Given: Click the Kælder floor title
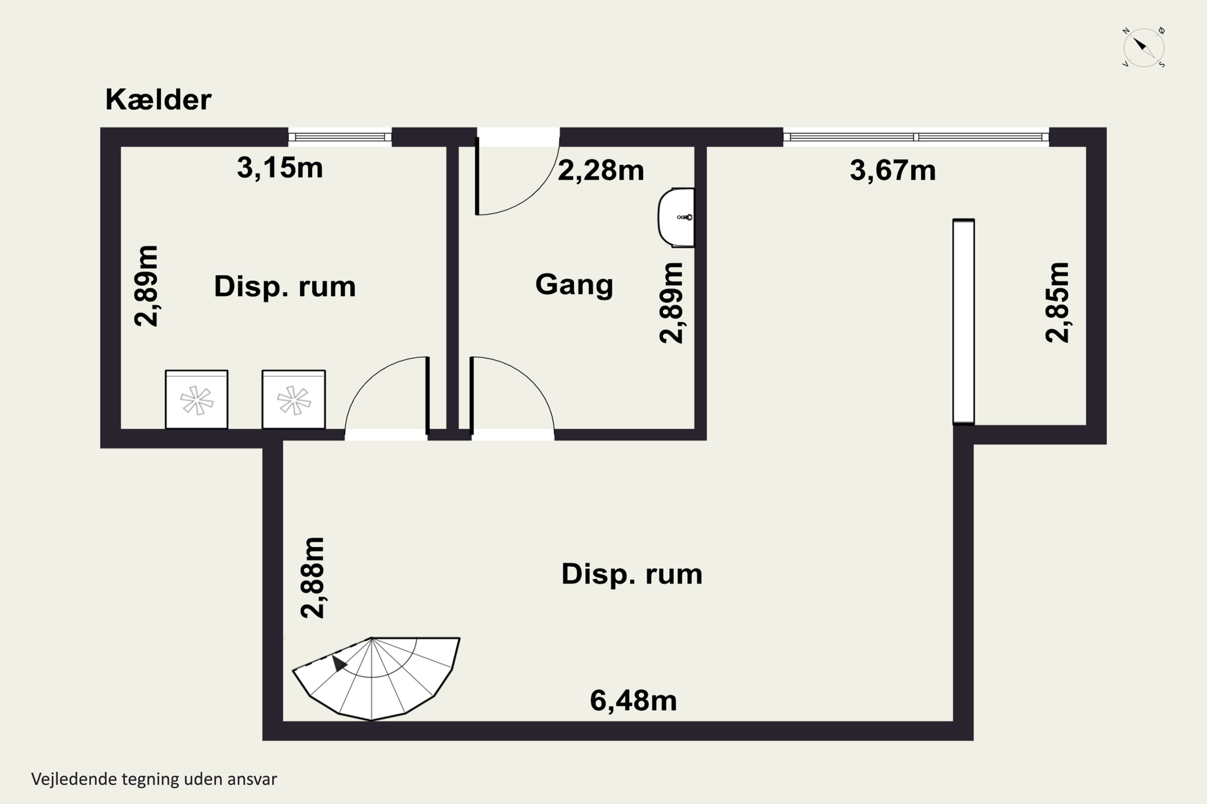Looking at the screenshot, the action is [x=158, y=99].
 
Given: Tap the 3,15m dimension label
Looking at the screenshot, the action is [x=280, y=168].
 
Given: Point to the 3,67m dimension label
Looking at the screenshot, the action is [x=892, y=170].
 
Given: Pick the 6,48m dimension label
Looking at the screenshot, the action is [x=633, y=700].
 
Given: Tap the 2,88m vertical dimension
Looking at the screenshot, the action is [x=313, y=578].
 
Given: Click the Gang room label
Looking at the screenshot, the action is [x=574, y=285].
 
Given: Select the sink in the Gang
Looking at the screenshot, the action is [x=676, y=217].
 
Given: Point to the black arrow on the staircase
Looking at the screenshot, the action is [x=339, y=662].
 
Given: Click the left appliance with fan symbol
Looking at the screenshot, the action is [x=197, y=400].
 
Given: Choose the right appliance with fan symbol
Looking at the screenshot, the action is [x=294, y=400].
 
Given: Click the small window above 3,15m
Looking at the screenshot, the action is [x=340, y=137].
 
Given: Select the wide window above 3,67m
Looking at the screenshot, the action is [x=916, y=137].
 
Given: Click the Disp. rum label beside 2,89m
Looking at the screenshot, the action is [x=285, y=287].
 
